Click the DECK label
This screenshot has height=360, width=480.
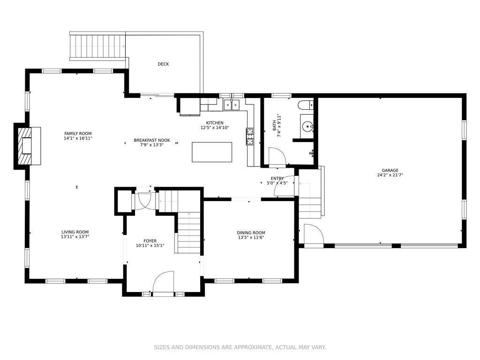[x=163, y=64]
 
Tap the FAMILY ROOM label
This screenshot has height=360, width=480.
[x=78, y=134]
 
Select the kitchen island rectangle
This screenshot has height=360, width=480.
[x=212, y=152]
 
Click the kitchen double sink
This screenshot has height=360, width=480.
[x=232, y=105]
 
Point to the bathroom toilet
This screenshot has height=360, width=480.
[x=306, y=105]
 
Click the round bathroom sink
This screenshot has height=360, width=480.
[x=307, y=126]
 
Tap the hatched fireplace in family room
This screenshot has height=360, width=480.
[x=25, y=146]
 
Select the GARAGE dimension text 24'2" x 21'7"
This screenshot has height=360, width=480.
[x=390, y=175]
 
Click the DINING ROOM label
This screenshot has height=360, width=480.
[x=251, y=232]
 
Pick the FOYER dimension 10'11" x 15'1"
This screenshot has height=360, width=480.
[x=150, y=246]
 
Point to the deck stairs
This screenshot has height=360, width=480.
[x=97, y=46]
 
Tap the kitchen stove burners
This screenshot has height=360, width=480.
[x=250, y=136]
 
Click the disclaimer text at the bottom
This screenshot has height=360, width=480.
[x=240, y=347]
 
